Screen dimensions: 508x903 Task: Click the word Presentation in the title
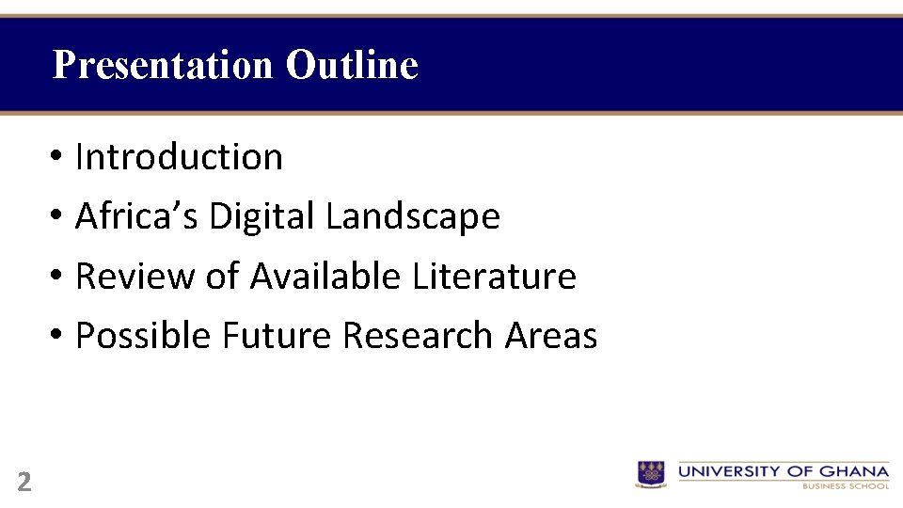(163, 65)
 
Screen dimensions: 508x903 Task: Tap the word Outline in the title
(352, 65)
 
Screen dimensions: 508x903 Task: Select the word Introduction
(179, 156)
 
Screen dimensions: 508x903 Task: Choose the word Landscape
(412, 216)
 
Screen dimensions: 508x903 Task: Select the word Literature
(494, 277)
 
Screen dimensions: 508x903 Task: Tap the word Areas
(551, 335)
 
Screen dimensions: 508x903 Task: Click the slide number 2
(24, 483)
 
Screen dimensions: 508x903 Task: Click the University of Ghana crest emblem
(651, 473)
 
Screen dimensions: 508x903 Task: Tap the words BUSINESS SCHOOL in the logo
(846, 486)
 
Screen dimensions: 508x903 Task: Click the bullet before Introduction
(57, 157)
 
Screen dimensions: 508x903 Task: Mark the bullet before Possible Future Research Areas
(57, 336)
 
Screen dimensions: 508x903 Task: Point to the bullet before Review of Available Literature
(57, 278)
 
